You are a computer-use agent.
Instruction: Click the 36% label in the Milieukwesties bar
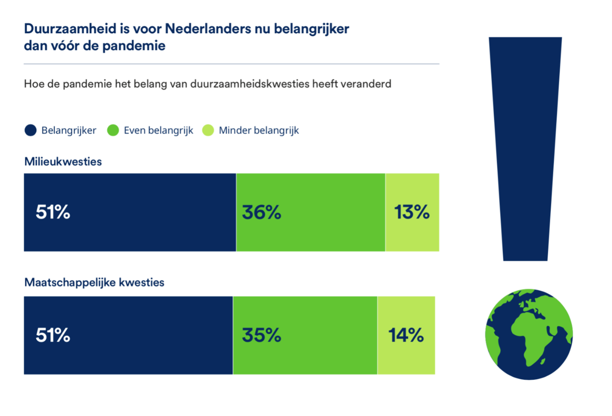261,212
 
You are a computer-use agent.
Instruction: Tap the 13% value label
412,212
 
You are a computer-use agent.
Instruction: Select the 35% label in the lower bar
261,336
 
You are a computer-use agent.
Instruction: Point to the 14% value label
406,336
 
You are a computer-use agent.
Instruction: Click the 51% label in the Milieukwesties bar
53,212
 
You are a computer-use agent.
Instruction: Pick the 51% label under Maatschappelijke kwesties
53,336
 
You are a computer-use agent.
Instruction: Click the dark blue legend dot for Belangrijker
31,131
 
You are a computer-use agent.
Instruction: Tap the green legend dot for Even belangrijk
113,131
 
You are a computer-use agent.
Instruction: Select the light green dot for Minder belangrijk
207,131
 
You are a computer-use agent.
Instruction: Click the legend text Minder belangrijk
259,131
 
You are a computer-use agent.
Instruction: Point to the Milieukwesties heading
63,162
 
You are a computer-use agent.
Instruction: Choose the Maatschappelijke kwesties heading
94,283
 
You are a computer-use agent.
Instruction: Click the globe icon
529,335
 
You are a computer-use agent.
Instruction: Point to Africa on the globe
529,337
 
